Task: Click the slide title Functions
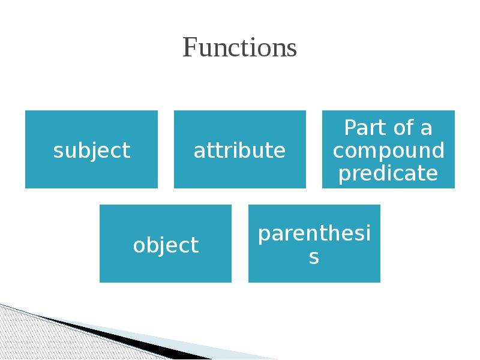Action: (240, 48)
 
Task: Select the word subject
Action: (91, 150)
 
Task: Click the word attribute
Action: (239, 150)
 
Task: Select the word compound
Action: (389, 151)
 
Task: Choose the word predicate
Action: (388, 173)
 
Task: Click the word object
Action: (166, 245)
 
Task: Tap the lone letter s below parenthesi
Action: (314, 258)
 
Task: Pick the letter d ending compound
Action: (439, 150)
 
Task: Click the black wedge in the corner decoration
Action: (90, 329)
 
